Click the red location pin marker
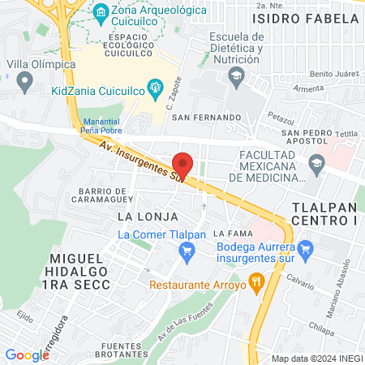182,164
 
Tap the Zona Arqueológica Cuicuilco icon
101,11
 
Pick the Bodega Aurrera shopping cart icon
305,248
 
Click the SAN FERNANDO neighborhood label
206,118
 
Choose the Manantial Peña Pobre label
101,126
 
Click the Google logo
27,354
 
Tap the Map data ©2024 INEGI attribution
316,359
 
